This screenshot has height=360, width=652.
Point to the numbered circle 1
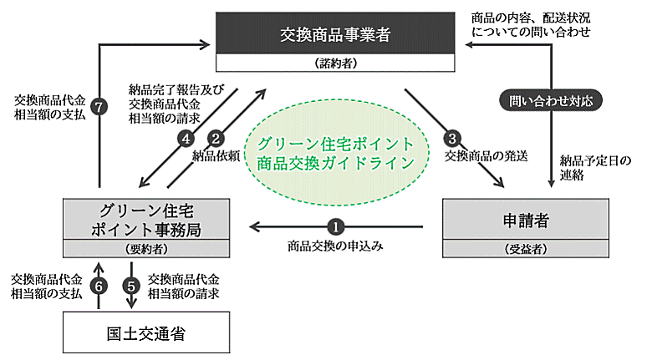click(x=335, y=226)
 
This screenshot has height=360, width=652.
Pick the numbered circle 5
click(x=132, y=285)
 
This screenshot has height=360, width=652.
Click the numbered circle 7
click(x=99, y=109)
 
